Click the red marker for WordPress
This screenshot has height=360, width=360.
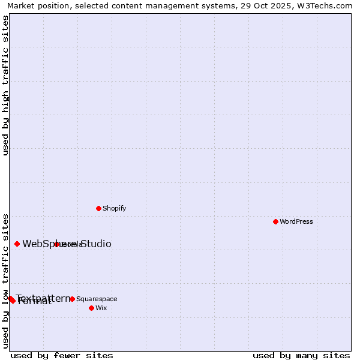click(275, 221)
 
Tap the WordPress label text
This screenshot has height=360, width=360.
click(296, 221)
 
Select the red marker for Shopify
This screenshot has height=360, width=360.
click(98, 208)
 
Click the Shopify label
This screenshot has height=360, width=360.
click(114, 208)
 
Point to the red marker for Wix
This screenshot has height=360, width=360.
click(91, 308)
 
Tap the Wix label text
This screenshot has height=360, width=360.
click(101, 308)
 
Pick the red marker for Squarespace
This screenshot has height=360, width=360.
click(72, 299)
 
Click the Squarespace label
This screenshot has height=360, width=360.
click(97, 299)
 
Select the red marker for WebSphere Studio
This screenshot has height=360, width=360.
click(17, 244)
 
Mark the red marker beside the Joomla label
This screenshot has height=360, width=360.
click(57, 244)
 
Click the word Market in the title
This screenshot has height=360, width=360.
click(22, 5)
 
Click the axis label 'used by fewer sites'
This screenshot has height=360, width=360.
click(62, 355)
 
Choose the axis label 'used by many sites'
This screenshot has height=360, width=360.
click(301, 355)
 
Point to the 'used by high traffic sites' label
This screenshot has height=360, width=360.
click(5, 85)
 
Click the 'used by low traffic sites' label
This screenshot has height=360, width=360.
click(5, 280)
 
